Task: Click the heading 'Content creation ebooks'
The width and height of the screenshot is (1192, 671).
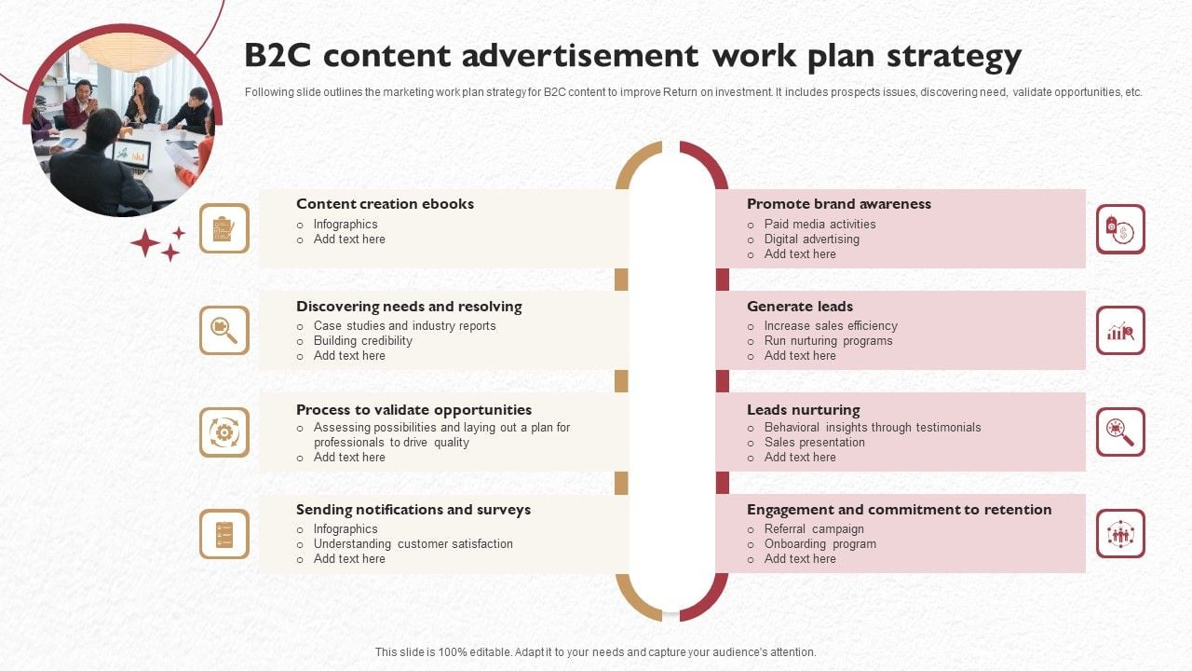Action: tap(385, 204)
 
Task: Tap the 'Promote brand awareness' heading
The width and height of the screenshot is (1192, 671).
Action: tap(838, 204)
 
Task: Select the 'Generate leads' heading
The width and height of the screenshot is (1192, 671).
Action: tap(799, 307)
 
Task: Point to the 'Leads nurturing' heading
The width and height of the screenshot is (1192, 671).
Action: tap(803, 410)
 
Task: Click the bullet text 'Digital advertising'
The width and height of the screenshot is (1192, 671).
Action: tap(811, 240)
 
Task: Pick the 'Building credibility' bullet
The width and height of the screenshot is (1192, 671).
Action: tap(362, 341)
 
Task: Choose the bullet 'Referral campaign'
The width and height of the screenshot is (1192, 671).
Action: tap(814, 529)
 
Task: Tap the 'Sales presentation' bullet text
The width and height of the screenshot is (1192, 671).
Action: tap(814, 443)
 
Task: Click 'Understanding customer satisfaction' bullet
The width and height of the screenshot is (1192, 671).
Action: tap(413, 544)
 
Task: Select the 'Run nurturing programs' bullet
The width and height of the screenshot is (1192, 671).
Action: tap(828, 341)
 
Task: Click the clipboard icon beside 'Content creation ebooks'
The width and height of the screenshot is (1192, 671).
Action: tap(224, 228)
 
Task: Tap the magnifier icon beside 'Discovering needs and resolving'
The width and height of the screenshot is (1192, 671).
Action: tap(224, 330)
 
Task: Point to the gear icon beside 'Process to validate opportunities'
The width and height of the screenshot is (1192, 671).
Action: tap(224, 432)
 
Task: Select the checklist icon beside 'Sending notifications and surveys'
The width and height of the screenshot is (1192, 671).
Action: tap(224, 534)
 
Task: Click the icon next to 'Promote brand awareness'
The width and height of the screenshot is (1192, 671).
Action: tap(1120, 229)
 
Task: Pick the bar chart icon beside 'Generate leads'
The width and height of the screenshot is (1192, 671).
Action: tap(1120, 331)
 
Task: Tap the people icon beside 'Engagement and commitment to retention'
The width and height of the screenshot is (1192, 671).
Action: tap(1120, 534)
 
